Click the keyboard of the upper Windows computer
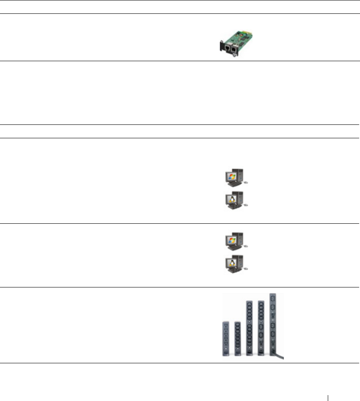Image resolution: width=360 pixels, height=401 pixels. (x=231, y=185)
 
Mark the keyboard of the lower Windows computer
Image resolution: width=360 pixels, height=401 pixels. (x=231, y=249)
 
